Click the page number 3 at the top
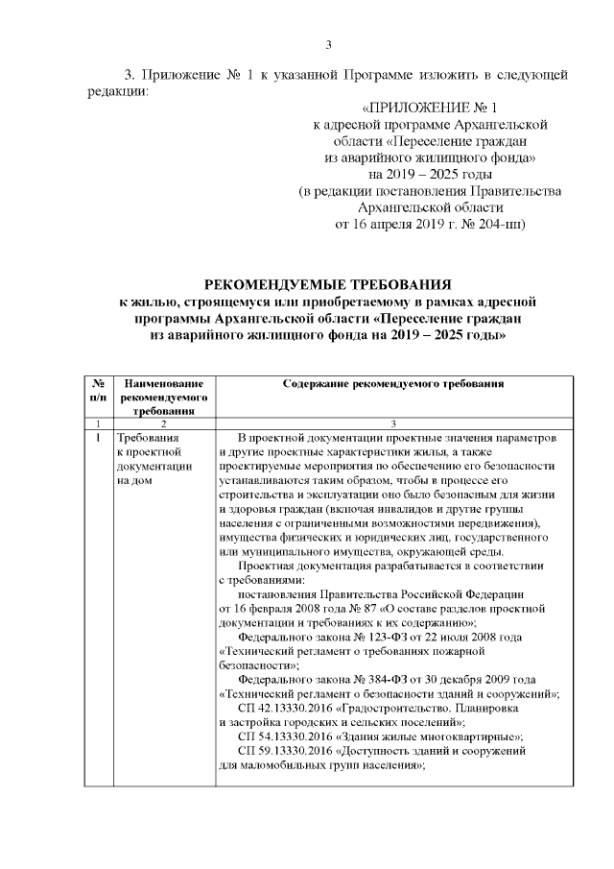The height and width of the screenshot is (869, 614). [328, 44]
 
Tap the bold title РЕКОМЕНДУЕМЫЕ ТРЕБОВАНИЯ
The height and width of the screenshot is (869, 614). [330, 285]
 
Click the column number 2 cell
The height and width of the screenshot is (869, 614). [164, 422]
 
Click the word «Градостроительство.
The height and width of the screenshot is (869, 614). [392, 707]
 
